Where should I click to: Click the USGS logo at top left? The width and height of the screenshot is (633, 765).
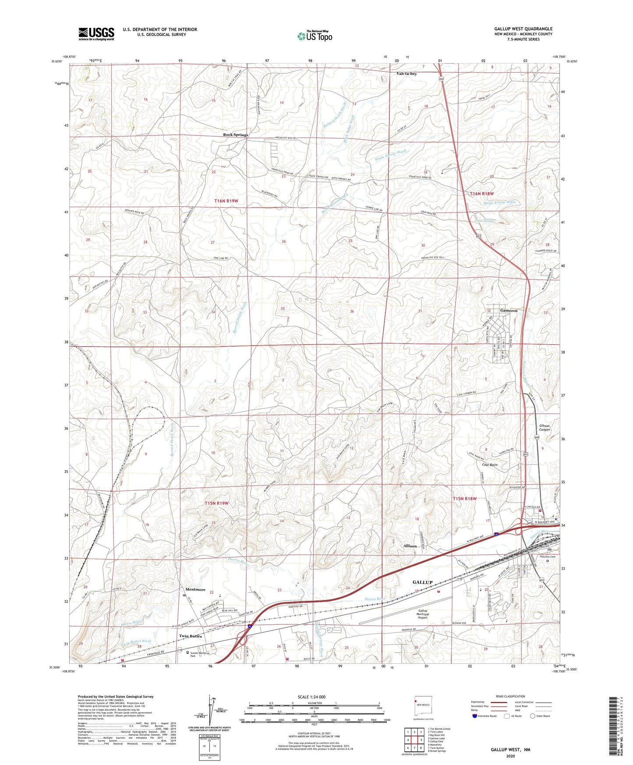96,34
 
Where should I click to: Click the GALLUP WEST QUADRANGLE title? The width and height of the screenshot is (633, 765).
523,29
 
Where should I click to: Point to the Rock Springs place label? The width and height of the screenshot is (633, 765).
235,135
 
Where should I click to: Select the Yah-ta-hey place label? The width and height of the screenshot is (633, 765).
407,74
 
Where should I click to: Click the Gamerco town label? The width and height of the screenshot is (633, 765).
509,310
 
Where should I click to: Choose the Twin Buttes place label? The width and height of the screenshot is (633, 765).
190,636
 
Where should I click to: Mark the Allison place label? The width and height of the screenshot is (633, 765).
410,546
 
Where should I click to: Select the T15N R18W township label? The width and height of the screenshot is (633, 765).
464,499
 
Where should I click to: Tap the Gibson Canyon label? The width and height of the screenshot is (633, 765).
544,428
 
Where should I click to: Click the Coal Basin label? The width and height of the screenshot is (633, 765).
489,465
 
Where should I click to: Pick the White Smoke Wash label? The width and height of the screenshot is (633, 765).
390,155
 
